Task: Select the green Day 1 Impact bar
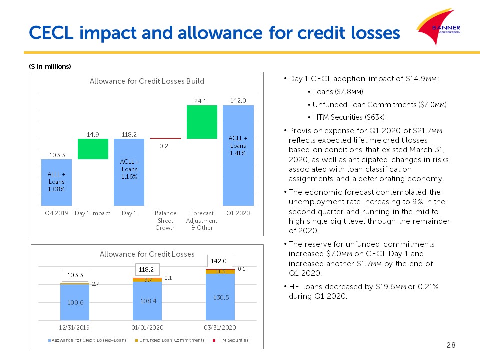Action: pyautogui.click(x=93, y=149)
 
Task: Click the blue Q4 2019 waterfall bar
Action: pyautogui.click(x=56, y=182)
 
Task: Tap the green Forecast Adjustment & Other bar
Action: pyautogui.click(x=202, y=122)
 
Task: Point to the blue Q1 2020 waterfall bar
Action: pyautogui.click(x=238, y=155)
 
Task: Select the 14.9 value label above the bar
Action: pyautogui.click(x=93, y=134)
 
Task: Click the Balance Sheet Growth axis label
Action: pyautogui.click(x=165, y=220)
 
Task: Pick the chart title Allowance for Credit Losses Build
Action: pyautogui.click(x=147, y=81)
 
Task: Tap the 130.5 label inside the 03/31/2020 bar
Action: pyautogui.click(x=220, y=297)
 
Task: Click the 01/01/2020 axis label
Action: pyautogui.click(x=147, y=328)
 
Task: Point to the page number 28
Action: pyautogui.click(x=451, y=345)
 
